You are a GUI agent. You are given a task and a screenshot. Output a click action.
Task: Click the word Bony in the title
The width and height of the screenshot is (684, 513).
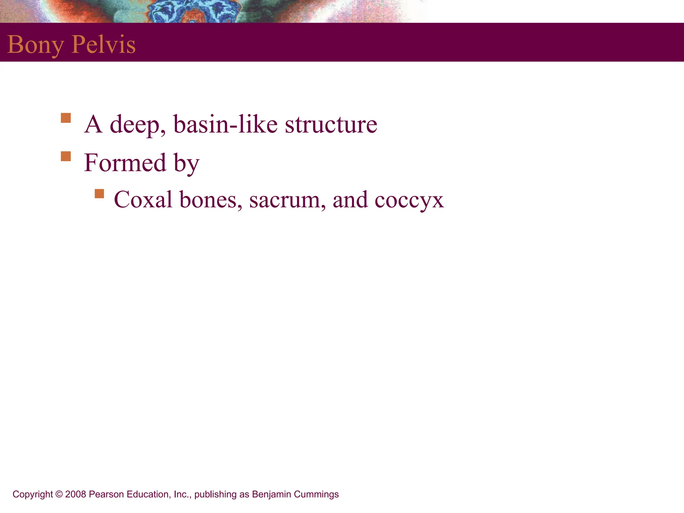35,44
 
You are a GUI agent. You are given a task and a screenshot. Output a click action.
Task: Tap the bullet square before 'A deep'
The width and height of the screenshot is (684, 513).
66,118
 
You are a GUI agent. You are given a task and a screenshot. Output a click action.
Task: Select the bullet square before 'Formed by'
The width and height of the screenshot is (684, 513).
66,156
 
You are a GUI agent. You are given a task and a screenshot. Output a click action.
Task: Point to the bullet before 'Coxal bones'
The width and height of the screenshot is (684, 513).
99,194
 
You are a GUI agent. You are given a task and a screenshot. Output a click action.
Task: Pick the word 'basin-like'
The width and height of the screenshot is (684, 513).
225,124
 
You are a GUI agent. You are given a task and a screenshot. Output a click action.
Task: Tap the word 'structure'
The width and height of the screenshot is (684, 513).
331,124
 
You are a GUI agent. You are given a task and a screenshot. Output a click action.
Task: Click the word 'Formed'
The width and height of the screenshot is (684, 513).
125,162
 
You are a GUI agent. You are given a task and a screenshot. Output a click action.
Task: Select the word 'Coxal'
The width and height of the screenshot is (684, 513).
143,199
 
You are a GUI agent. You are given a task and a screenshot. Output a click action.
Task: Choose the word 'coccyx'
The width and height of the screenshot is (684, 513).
409,200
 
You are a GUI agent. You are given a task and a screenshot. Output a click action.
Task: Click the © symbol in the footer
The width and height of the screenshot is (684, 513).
59,494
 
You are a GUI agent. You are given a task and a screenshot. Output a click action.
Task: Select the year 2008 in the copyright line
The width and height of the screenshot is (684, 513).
76,494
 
